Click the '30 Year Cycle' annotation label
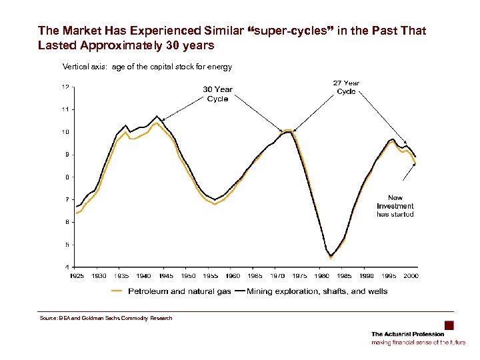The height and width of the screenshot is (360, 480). pos(218,94)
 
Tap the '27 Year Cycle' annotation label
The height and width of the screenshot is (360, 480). pos(346,87)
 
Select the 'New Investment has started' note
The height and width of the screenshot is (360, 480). pos(395,206)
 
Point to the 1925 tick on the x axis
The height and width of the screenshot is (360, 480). pos(77,275)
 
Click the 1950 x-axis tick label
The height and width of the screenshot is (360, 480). pos(188,275)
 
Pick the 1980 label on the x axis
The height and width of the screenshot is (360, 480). pos(322,275)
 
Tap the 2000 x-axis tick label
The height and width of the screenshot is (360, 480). pos(411,275)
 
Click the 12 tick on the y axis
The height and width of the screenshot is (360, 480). pos(64,87)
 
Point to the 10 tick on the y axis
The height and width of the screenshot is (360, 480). pos(64,132)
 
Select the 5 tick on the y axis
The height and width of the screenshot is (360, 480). pos(65,245)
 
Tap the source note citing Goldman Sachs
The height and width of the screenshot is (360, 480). pos(106,318)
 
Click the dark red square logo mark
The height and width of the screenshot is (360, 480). pos(449,325)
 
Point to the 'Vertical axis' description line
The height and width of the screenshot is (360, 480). pos(147,67)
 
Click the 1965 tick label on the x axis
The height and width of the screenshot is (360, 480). pos(255,275)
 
